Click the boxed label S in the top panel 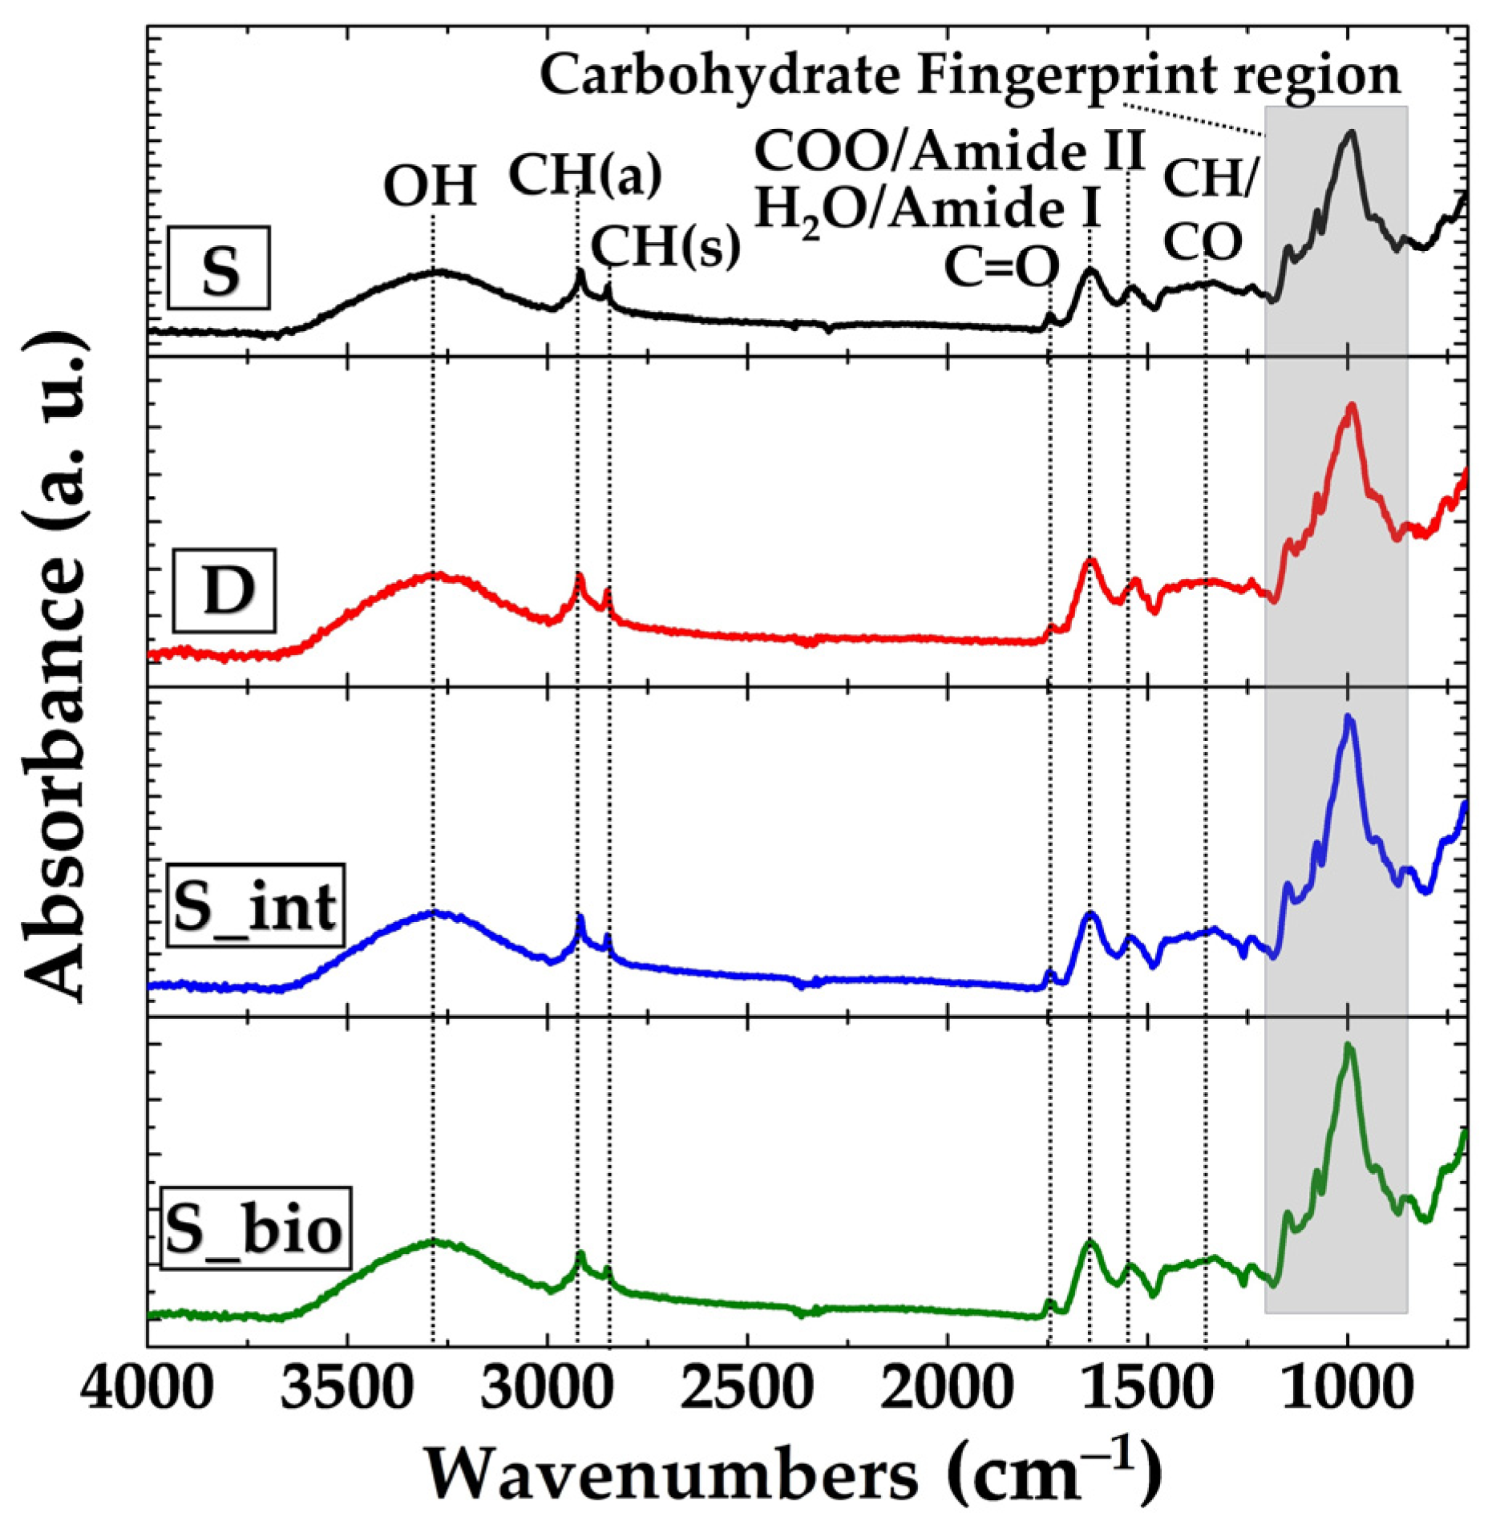pos(219,268)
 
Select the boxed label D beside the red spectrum pos(225,591)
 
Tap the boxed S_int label pos(256,906)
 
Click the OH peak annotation pos(431,187)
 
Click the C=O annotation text pos(1001,267)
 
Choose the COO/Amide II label pos(951,151)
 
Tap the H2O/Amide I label pos(928,210)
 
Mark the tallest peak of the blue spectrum pos(1348,718)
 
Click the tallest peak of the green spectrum pos(1348,1047)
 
